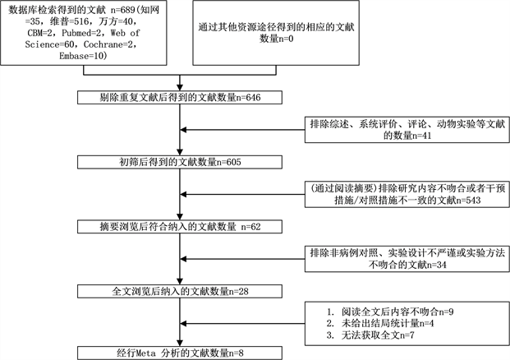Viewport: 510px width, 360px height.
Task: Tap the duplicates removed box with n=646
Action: click(179, 97)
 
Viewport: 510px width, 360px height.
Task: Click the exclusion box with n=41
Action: click(400, 130)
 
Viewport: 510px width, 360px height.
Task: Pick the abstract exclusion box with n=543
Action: click(400, 195)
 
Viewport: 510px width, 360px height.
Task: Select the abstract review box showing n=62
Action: click(179, 226)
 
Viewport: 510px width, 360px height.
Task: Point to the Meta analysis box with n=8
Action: click(179, 353)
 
